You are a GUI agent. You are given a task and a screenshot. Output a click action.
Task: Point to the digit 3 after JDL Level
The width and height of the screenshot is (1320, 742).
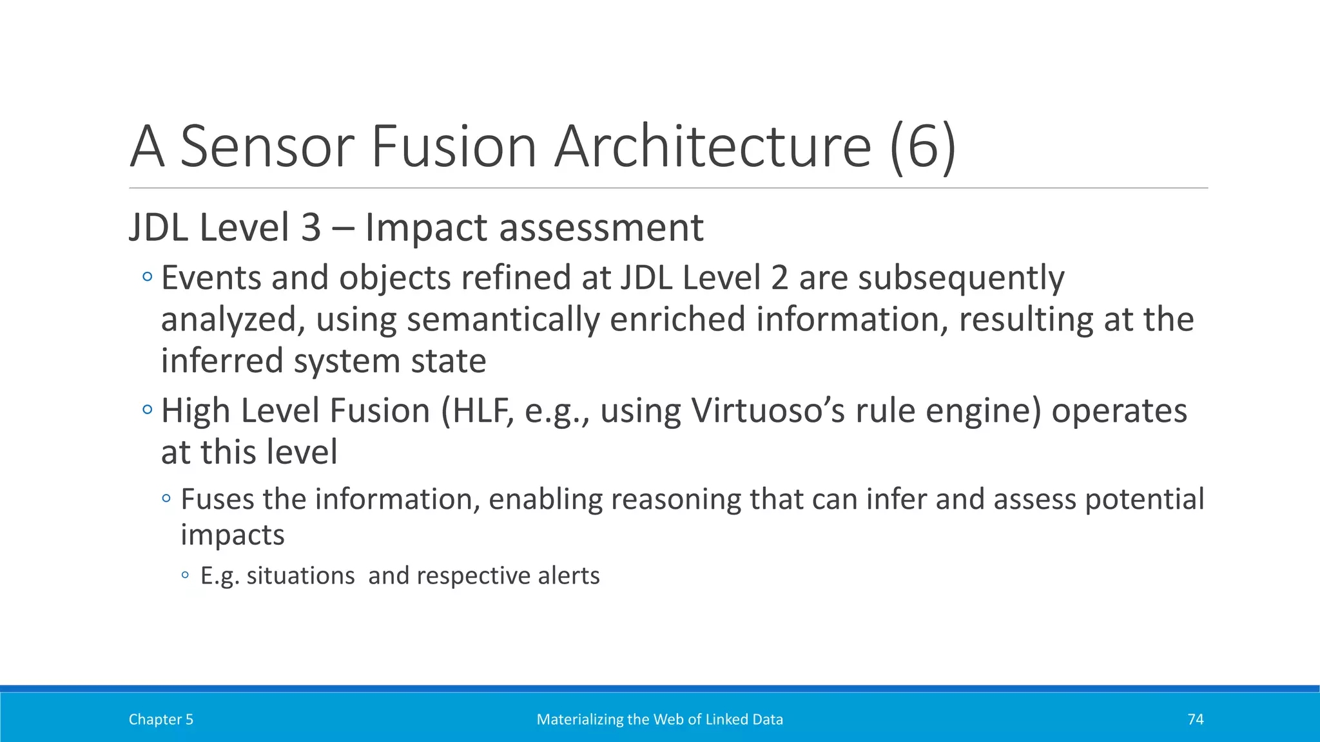coord(311,228)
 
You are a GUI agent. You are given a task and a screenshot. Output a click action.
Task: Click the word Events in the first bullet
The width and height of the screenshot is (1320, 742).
coord(210,278)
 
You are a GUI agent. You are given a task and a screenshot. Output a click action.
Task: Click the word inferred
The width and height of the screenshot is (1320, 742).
coord(222,361)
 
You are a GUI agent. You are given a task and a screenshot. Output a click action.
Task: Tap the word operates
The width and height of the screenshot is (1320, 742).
coord(1119,411)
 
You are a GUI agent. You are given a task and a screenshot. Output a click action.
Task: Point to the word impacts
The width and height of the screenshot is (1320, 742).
coord(232,535)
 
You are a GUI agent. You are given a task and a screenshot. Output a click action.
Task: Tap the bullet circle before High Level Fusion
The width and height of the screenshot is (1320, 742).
coord(148,410)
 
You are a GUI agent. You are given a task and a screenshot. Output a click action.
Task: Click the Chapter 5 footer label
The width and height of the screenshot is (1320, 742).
coord(161,719)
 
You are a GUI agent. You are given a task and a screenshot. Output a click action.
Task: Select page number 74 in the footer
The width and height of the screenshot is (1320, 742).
coord(1196,719)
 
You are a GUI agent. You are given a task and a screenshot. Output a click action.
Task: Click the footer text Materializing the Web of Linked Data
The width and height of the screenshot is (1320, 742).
coord(659,719)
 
